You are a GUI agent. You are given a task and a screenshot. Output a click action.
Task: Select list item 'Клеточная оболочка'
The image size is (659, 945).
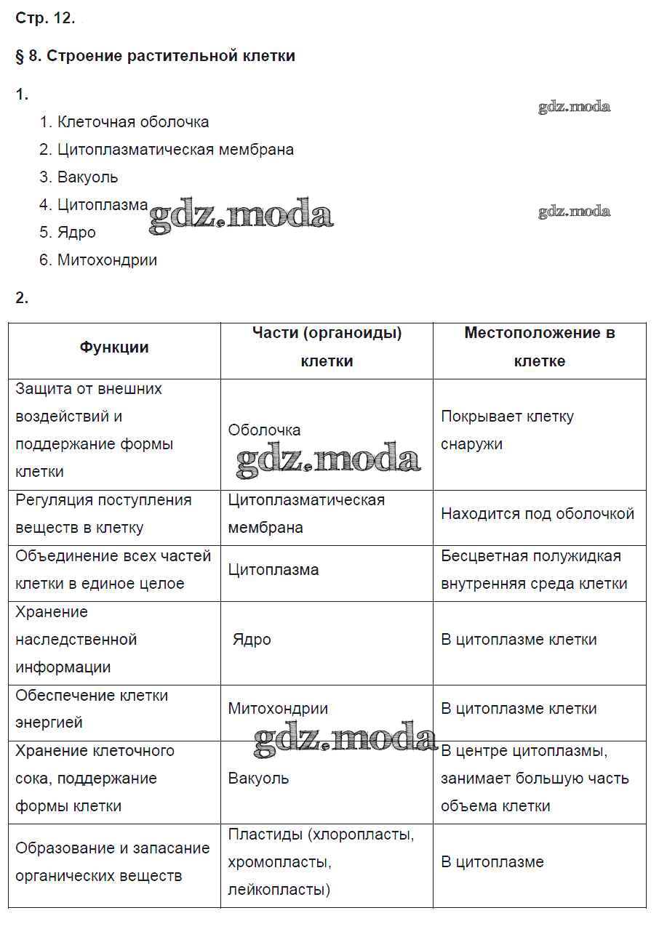132,122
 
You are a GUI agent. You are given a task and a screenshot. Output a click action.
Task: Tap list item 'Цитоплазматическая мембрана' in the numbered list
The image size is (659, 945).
175,150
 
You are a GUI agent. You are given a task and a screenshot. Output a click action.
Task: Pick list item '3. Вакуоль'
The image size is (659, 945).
79,177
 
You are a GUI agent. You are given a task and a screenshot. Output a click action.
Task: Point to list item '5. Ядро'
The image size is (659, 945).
68,233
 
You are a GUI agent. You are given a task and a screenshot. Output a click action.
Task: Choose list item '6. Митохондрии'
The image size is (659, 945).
98,260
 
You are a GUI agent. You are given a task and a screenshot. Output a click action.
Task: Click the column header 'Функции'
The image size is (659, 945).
114,347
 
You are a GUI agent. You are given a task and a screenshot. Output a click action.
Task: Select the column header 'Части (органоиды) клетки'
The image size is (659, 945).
327,347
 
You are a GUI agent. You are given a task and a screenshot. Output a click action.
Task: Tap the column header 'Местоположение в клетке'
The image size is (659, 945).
540,347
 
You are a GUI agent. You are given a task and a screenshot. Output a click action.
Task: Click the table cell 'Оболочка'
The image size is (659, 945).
264,430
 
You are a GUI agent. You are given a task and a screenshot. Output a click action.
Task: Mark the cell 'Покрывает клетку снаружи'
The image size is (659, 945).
507,430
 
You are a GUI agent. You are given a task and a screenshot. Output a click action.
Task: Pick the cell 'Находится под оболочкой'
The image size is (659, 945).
538,514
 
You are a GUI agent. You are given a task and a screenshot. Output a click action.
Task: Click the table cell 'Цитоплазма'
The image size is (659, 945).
273,570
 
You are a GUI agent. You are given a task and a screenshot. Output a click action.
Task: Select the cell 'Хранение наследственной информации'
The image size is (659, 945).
76,640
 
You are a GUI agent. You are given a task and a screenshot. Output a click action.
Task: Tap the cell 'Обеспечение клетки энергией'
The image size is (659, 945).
92,709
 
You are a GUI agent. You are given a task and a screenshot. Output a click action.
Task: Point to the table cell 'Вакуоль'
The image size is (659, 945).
258,779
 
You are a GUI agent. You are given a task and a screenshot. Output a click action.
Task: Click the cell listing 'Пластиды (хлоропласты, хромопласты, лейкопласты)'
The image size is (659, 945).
321,862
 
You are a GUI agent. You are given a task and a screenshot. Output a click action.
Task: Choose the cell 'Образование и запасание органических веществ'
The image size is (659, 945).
112,862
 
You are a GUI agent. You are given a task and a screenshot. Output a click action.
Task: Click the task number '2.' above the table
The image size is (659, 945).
22,297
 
